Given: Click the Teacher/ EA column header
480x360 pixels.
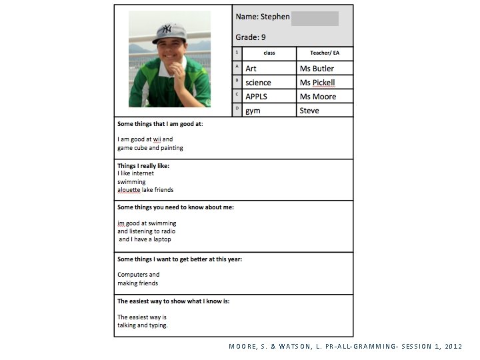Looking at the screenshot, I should [x=324, y=53].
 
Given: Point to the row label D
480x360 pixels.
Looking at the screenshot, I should [x=237, y=108].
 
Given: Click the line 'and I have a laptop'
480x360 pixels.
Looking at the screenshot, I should [x=145, y=239].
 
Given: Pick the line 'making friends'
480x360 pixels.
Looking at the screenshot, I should [x=138, y=283].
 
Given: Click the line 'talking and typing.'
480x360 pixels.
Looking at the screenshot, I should [x=143, y=325].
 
